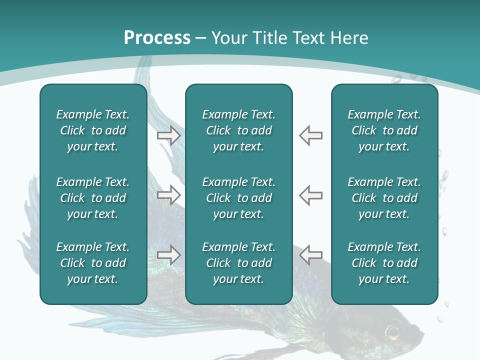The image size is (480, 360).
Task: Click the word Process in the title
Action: pyautogui.click(x=157, y=38)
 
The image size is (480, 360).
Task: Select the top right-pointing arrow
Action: pyautogui.click(x=168, y=135)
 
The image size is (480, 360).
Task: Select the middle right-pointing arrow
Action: pyautogui.click(x=168, y=195)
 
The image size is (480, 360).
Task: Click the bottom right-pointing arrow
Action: pyautogui.click(x=168, y=255)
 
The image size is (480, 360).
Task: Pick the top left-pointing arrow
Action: pyautogui.click(x=310, y=135)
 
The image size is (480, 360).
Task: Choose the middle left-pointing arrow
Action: pyautogui.click(x=310, y=195)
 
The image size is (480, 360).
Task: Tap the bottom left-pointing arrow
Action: pyautogui.click(x=310, y=255)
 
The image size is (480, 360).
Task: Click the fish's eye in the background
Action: pyautogui.click(x=393, y=331)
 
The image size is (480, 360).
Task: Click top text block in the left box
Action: pyautogui.click(x=93, y=130)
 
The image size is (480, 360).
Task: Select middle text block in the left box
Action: pyautogui.click(x=93, y=198)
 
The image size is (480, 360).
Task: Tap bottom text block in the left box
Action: pyautogui.click(x=93, y=263)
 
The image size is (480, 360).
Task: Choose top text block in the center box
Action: pyautogui.click(x=238, y=130)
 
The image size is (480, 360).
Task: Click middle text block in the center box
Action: pyautogui.click(x=238, y=198)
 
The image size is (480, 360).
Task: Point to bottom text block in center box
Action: pyautogui.click(x=238, y=263)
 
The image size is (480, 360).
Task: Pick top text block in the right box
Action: pyautogui.click(x=384, y=130)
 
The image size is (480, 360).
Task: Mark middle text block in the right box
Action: pyautogui.click(x=384, y=198)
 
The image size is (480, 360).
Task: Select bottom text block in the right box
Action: pyautogui.click(x=384, y=263)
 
